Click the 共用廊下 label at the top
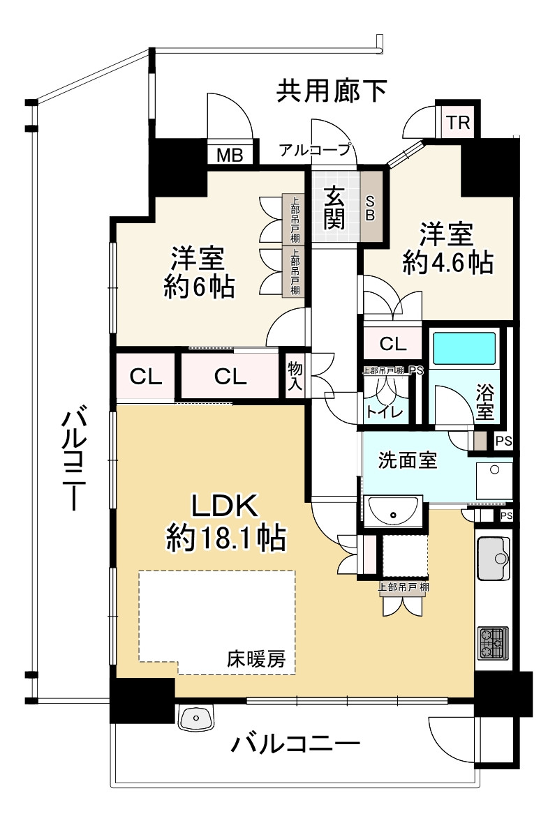pos(332,91)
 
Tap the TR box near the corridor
pos(458,123)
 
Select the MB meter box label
pos(230,156)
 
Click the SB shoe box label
pos(371,207)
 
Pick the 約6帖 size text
pos(199,287)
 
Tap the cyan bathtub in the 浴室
pos(464,348)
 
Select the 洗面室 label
pos(408,460)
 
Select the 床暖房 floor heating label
pos(256,658)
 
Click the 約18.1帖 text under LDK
pos(226,538)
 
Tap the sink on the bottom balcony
pos(196,717)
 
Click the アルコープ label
pos(314,150)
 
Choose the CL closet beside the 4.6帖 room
pos(393,345)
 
